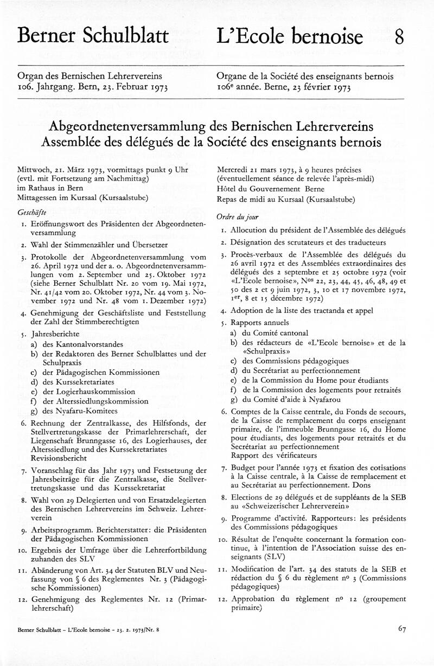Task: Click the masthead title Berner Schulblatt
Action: pyautogui.click(x=93, y=36)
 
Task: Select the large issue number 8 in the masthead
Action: pyautogui.click(x=399, y=37)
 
